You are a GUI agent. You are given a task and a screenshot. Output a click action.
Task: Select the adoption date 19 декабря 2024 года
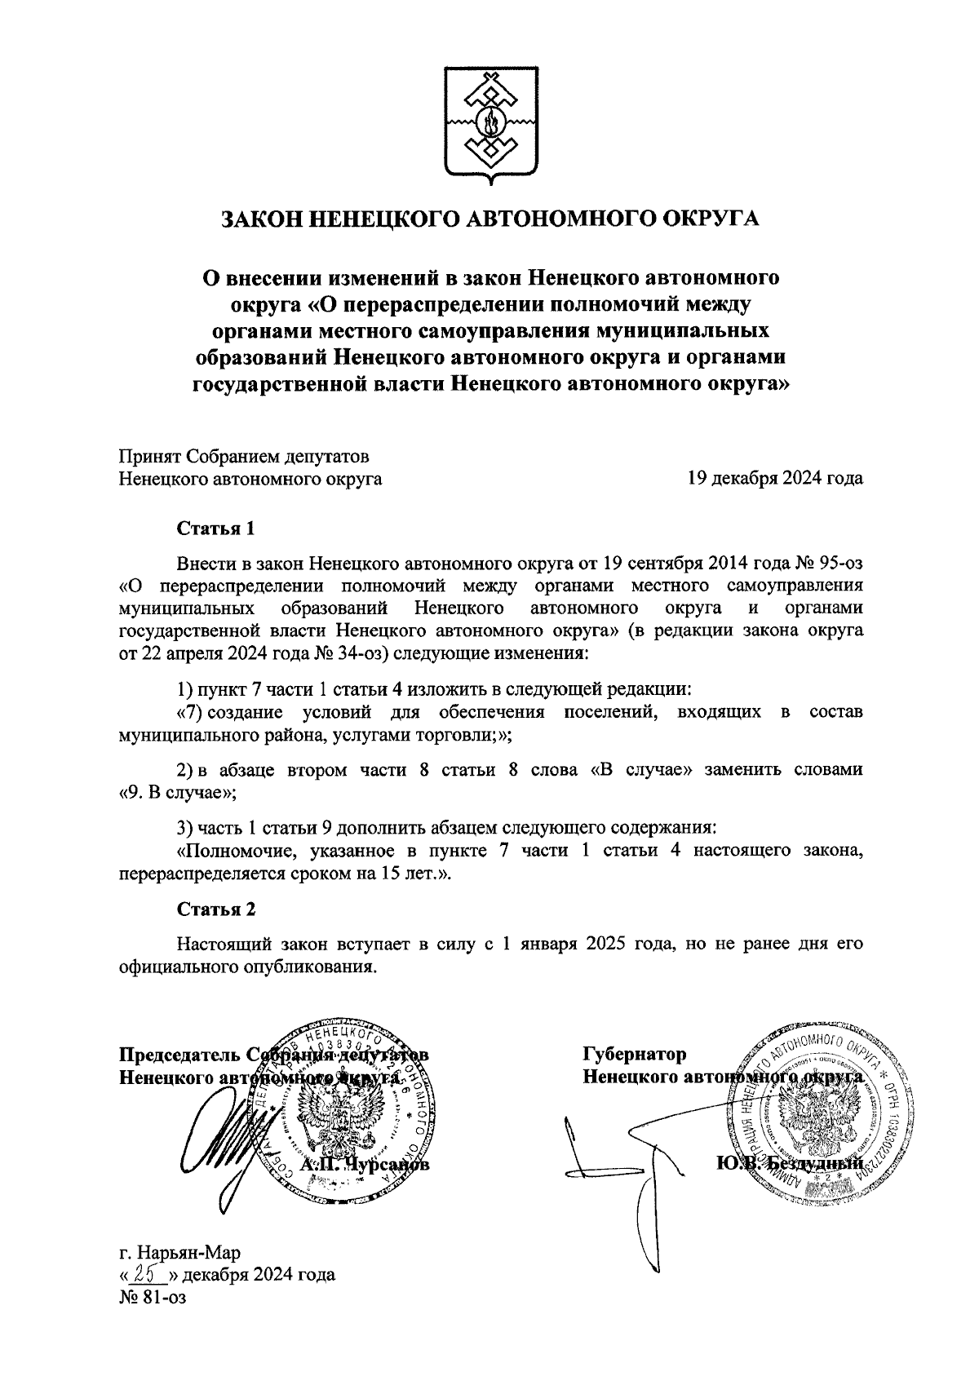point(775,479)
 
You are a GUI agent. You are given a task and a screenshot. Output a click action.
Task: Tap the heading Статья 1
point(216,529)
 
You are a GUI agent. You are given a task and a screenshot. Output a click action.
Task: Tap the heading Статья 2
point(216,909)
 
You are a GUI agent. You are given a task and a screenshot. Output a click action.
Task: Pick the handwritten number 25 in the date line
point(148,1274)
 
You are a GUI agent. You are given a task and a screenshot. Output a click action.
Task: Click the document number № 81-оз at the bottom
point(153,1297)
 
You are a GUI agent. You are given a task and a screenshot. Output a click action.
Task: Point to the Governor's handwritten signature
point(620,1175)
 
